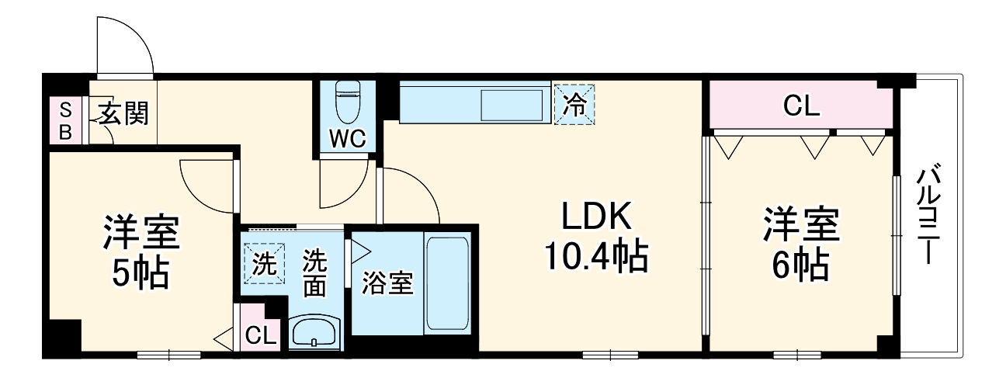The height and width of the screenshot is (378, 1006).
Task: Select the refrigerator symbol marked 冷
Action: [x=574, y=104]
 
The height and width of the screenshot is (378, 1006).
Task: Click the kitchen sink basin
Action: [x=512, y=105]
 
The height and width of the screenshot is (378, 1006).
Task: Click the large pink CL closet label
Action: [x=801, y=106]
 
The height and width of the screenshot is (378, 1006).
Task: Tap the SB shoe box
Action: [x=65, y=120]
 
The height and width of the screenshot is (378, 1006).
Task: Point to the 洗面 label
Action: [x=314, y=272]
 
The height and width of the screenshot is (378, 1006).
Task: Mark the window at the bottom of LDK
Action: [x=610, y=355]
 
